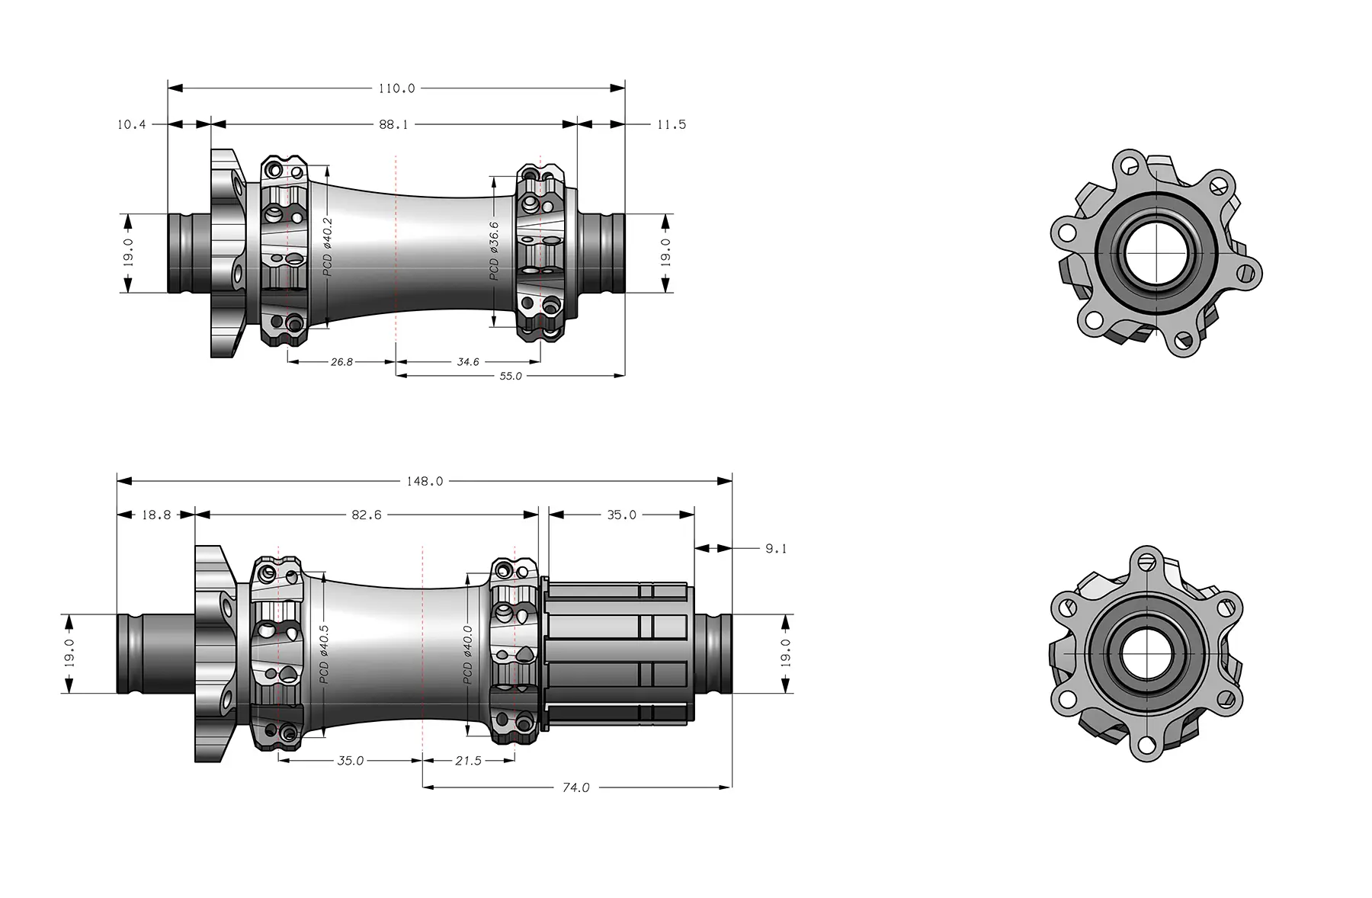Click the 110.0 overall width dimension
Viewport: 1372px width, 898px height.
396,88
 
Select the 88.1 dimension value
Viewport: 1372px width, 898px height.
393,124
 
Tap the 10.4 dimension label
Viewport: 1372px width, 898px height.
131,124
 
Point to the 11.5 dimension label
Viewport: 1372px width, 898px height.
671,124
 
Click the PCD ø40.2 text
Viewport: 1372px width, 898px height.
328,246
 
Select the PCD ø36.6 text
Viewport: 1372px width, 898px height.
494,251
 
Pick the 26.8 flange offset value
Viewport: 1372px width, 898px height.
341,362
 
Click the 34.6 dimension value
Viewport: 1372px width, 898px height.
468,362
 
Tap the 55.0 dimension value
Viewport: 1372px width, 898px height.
510,376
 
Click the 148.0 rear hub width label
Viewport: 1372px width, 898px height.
425,482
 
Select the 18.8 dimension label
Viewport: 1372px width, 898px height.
156,515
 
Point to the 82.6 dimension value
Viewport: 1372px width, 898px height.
367,515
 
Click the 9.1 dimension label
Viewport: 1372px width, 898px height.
776,549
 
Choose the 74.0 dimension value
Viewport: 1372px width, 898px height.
575,787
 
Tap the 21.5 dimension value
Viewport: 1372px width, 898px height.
467,761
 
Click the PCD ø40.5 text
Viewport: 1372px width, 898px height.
325,653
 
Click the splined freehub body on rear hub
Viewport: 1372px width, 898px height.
617,653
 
